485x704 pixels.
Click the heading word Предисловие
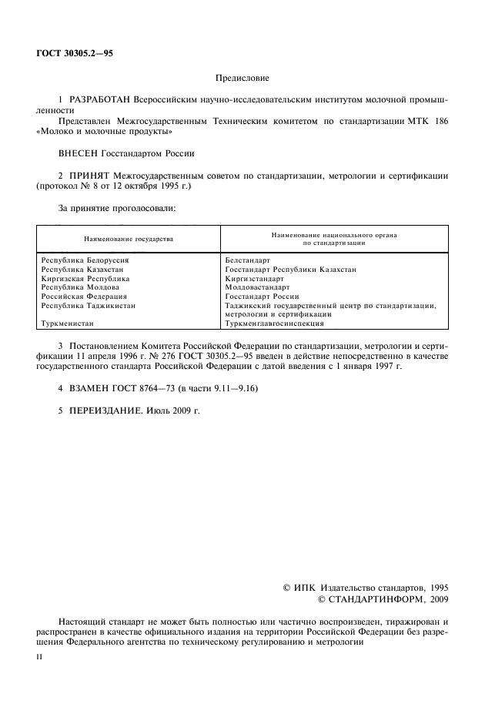coord(241,78)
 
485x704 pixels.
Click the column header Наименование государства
coord(129,239)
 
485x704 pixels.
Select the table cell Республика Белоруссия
coord(85,261)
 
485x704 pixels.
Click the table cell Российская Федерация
coord(84,296)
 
